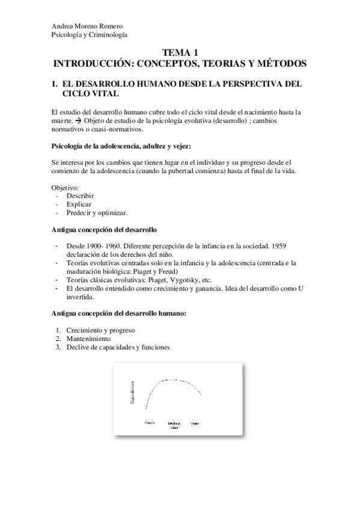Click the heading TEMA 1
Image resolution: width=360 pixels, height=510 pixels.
(180, 53)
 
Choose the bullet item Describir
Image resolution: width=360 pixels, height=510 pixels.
(80, 196)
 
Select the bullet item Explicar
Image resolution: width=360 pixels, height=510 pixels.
(79, 204)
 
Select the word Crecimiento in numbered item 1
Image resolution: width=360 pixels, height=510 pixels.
(85, 330)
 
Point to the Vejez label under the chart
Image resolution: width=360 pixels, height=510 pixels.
(195, 423)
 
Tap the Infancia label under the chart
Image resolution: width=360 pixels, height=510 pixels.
(150, 423)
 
